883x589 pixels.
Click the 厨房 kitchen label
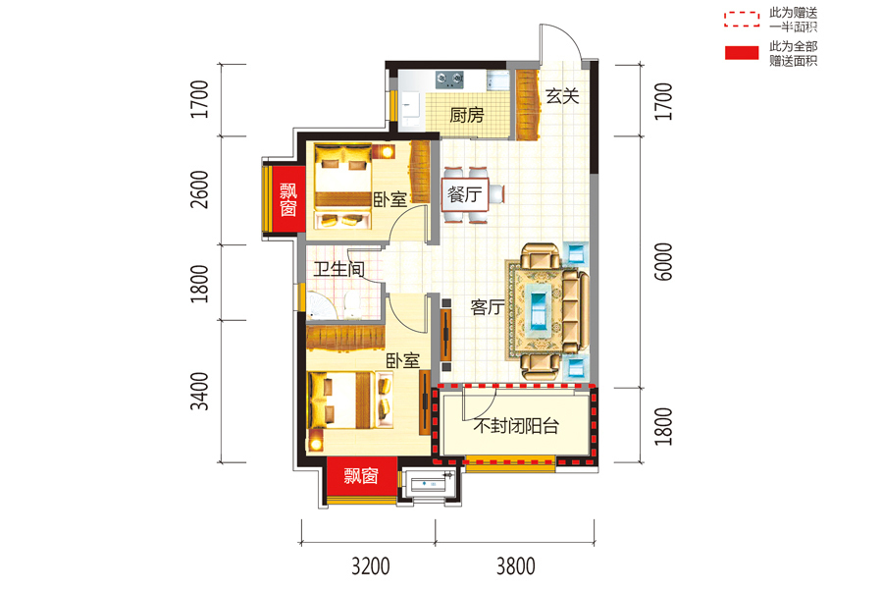[467, 115]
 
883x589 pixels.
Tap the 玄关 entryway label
[562, 96]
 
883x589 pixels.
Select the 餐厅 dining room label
[465, 195]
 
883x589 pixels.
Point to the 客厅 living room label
[488, 307]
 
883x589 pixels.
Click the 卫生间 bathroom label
[339, 269]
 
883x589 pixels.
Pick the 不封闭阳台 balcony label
[516, 425]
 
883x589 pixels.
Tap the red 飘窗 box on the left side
[287, 199]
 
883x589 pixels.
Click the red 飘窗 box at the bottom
[361, 476]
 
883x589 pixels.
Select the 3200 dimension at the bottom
[371, 566]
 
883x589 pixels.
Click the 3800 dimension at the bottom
[516, 566]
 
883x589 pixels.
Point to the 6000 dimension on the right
[664, 261]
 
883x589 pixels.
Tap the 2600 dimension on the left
[199, 189]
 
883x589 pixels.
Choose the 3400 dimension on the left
[199, 391]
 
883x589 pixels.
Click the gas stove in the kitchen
[449, 80]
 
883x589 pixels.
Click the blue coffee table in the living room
[539, 306]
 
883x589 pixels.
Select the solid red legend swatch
[741, 53]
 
